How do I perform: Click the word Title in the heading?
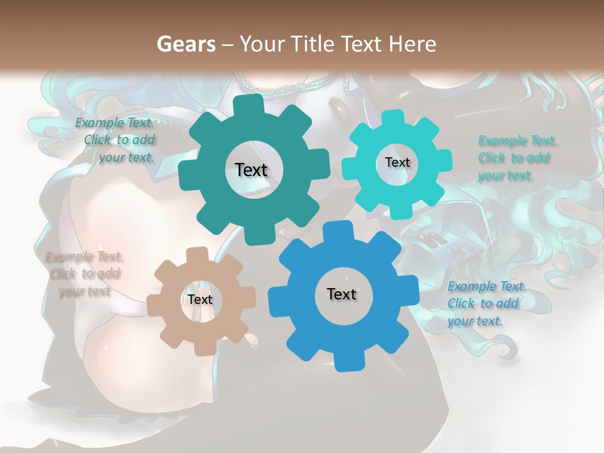coord(315,44)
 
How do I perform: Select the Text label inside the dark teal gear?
coord(251,170)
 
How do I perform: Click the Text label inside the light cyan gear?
coord(397,162)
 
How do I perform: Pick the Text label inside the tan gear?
coord(200,299)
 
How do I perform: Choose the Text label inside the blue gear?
coord(342,294)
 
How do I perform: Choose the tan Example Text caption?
coord(84,274)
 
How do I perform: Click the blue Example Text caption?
coord(486,304)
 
